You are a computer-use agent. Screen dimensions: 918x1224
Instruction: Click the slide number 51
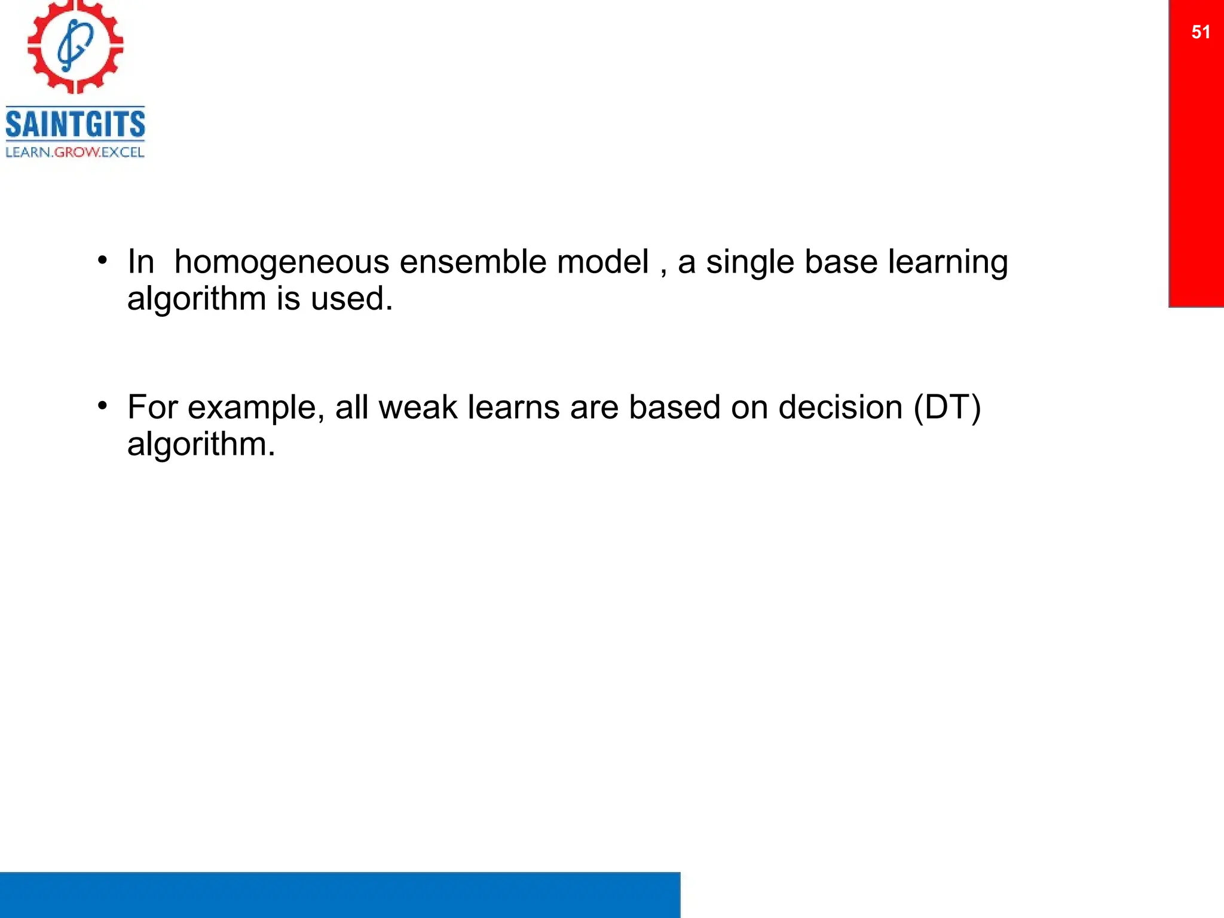coord(1200,32)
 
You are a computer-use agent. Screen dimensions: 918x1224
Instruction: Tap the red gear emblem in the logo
coord(75,47)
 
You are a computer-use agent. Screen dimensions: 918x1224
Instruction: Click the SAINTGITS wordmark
coord(75,124)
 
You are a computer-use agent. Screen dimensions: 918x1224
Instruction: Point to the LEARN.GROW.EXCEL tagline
coord(75,152)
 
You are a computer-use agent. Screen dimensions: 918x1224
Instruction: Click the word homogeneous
coord(281,262)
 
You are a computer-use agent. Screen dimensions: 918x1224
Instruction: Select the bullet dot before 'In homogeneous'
coord(103,261)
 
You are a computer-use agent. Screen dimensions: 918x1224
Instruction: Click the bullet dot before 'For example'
coord(103,406)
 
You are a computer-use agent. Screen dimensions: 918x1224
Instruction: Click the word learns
coord(513,408)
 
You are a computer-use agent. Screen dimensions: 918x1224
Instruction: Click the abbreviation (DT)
coord(947,408)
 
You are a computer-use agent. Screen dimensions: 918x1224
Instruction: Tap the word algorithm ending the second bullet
coord(201,445)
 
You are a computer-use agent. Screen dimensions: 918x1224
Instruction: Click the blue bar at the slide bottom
coord(339,895)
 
